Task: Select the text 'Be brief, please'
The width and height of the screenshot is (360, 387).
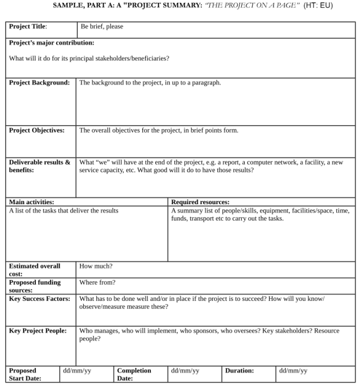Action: (102, 26)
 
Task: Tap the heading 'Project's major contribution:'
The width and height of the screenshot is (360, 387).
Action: (52, 43)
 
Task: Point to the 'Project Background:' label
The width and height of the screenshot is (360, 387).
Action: (39, 83)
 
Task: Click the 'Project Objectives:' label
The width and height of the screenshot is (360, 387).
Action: (37, 130)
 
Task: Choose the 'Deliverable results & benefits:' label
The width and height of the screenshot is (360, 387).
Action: (39, 166)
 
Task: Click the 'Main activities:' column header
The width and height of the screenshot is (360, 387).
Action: (31, 202)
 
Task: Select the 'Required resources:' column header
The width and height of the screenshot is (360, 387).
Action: (200, 202)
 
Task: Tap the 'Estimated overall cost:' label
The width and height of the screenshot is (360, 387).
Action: (34, 270)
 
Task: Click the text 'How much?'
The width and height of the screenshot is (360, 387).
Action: (96, 266)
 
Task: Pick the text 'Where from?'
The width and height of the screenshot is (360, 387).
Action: (97, 282)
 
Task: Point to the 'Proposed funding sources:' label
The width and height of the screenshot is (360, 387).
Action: (34, 286)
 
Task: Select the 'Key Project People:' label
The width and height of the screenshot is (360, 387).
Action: (38, 331)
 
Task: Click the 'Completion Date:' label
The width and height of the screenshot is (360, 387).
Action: (134, 375)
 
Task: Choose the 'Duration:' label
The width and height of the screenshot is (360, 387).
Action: (240, 371)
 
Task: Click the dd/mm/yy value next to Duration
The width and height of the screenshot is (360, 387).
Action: (293, 371)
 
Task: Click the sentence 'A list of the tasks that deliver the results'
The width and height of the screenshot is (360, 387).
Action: (64, 210)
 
